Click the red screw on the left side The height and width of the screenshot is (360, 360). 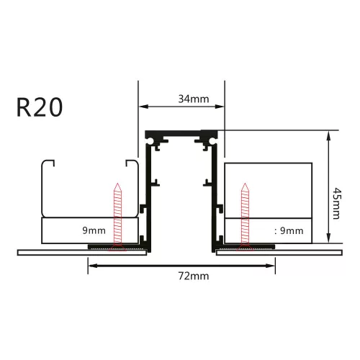[x=118, y=216]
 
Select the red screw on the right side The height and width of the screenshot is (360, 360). [x=245, y=216]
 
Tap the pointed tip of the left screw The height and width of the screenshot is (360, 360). [x=118, y=184]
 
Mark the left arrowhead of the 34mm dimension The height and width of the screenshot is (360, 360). [x=142, y=107]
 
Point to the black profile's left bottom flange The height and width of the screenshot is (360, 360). [x=119, y=247]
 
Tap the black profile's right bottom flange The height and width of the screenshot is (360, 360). [x=243, y=247]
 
